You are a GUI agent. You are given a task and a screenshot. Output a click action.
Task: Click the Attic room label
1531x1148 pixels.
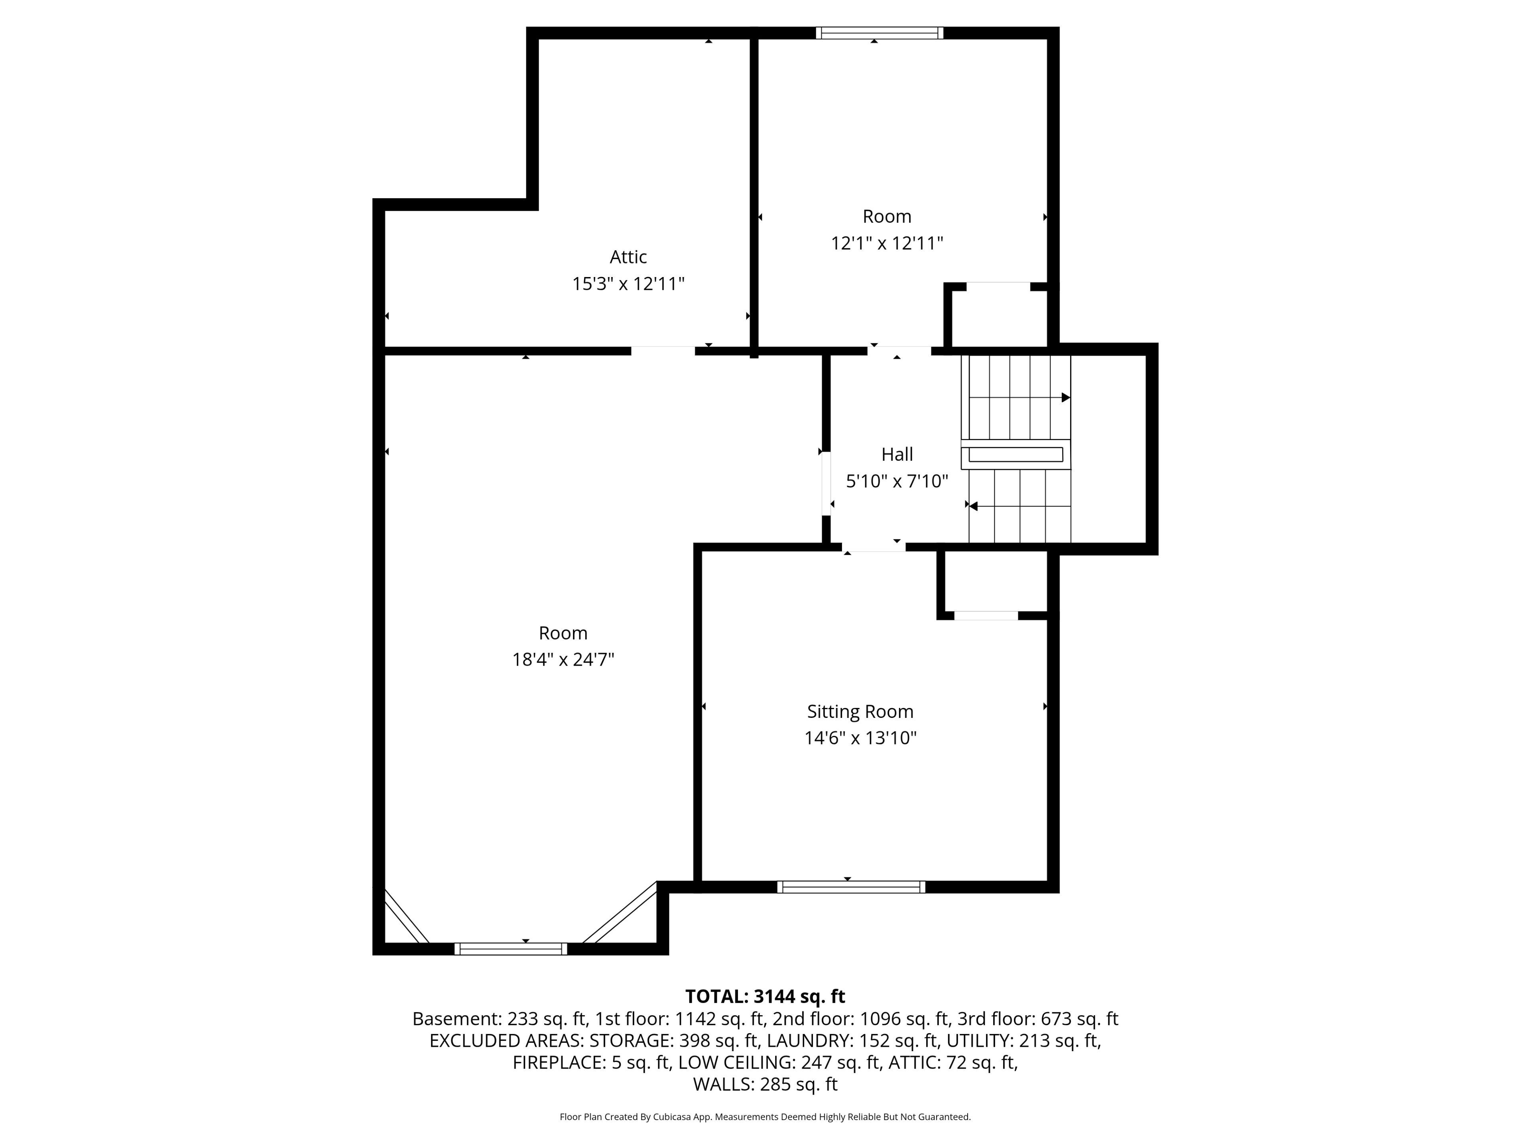tap(628, 257)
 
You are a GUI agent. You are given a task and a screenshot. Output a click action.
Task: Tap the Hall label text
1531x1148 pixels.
tap(897, 454)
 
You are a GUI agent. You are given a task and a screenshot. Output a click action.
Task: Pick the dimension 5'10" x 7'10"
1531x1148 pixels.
tap(897, 481)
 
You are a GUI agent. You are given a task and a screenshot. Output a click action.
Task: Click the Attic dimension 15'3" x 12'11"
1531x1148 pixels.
tap(628, 284)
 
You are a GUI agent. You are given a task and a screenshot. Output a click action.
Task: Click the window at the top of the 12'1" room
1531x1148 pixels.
tap(880, 33)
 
